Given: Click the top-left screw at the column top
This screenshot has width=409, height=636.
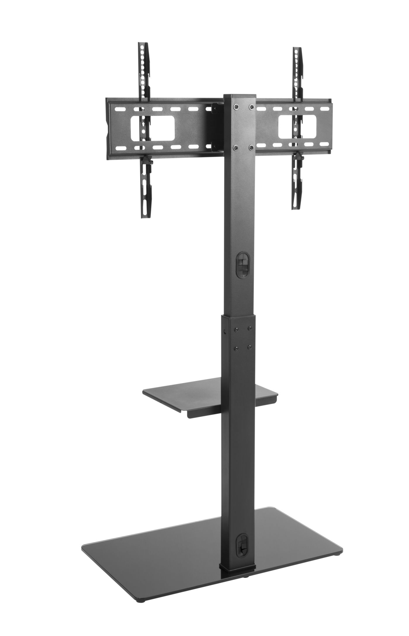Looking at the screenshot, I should [x=234, y=107].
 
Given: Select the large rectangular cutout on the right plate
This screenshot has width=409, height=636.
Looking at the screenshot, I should [x=297, y=126].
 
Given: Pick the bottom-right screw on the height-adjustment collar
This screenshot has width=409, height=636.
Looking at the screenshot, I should [x=249, y=347].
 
